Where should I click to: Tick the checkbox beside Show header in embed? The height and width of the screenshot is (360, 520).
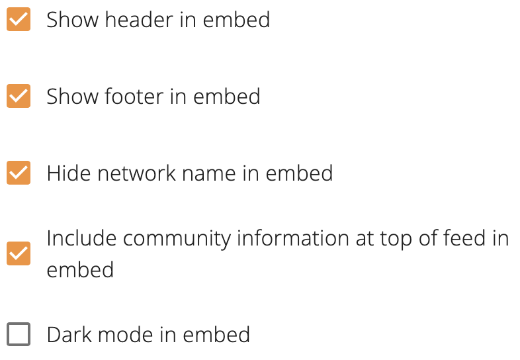[19, 19]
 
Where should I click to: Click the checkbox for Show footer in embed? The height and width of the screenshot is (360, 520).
[19, 96]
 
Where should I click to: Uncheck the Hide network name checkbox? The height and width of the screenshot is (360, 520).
[19, 173]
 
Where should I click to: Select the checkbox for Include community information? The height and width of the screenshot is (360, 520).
[19, 253]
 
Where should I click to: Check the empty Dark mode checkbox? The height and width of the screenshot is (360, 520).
[19, 334]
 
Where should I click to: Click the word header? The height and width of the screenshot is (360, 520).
[139, 20]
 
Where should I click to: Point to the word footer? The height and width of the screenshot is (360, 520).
[134, 96]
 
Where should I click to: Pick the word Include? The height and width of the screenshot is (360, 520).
[81, 238]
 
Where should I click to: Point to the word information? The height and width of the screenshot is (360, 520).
[293, 238]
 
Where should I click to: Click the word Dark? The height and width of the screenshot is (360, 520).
[69, 334]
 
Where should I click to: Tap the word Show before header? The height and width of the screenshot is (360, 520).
[72, 20]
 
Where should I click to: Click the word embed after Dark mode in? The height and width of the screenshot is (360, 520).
[216, 334]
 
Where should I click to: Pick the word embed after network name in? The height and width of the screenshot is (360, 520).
[299, 173]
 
